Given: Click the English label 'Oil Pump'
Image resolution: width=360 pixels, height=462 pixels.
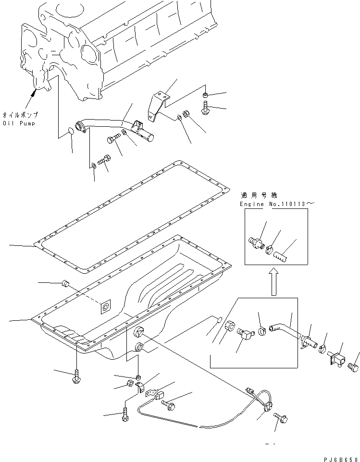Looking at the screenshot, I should tap(20, 123).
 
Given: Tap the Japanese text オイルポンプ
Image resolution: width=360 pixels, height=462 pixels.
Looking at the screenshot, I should tap(21, 115).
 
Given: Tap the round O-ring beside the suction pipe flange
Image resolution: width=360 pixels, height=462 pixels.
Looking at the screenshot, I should tap(71, 131).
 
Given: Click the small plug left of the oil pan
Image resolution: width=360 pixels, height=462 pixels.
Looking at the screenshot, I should tap(66, 285).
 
